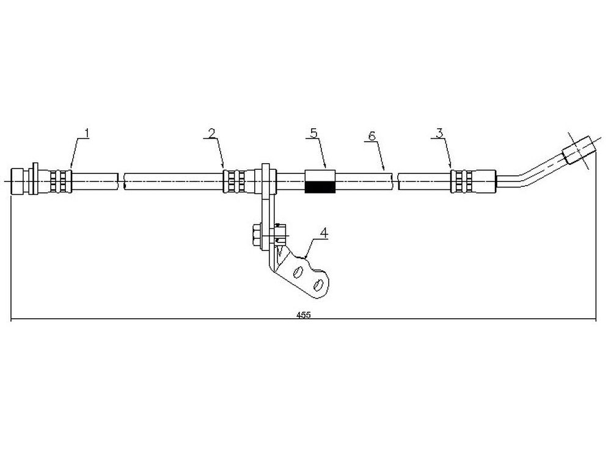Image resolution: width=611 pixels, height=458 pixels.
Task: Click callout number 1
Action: click(x=87, y=133)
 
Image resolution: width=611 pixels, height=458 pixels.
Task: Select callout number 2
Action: click(x=211, y=133)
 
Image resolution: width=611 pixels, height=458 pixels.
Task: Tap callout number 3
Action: click(x=439, y=133)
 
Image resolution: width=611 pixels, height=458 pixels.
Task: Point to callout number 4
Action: click(x=324, y=233)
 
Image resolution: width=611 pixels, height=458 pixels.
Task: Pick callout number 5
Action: click(x=313, y=133)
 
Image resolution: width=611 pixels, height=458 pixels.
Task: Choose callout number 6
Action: click(x=371, y=136)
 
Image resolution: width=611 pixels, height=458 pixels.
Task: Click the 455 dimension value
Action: click(x=303, y=315)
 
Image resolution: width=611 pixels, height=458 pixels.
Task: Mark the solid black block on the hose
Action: click(x=320, y=187)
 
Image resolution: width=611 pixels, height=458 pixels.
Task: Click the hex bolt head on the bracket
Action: click(x=257, y=235)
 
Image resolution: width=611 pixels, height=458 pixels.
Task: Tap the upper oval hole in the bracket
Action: click(x=299, y=272)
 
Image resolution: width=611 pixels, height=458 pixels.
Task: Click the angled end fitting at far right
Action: click(x=579, y=150)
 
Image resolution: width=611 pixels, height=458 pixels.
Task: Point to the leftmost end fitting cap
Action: click(x=18, y=181)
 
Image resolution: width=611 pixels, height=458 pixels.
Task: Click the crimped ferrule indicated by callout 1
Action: click(x=61, y=181)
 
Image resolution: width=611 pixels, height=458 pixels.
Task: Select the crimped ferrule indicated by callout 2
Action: click(x=234, y=181)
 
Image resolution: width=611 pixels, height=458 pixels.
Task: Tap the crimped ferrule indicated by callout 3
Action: click(x=461, y=181)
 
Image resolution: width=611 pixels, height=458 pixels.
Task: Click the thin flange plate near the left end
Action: click(x=35, y=179)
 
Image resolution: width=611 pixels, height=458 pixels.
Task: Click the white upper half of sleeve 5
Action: click(x=320, y=175)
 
